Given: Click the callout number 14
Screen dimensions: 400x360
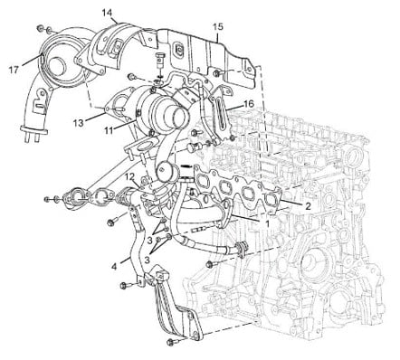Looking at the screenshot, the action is [x=107, y=13].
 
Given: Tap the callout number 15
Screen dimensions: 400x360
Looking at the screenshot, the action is [x=218, y=26].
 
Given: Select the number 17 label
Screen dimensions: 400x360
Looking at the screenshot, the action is [x=14, y=70].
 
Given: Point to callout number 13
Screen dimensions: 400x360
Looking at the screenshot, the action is [x=78, y=123].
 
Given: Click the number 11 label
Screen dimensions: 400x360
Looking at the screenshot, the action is [x=109, y=130].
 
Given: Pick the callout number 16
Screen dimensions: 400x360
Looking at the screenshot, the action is [x=249, y=104].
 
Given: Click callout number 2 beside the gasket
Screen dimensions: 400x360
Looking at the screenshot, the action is [x=308, y=206].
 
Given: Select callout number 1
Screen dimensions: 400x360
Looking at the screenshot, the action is [x=267, y=223].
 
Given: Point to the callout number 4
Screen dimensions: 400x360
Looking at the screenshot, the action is [x=114, y=267].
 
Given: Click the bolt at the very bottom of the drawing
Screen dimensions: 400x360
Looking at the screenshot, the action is [x=172, y=342].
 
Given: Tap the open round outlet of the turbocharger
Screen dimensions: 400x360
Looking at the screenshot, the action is [x=179, y=115].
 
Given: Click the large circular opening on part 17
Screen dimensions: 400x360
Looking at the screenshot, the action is [x=57, y=65].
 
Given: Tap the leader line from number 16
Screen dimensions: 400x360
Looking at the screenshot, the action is [x=234, y=107].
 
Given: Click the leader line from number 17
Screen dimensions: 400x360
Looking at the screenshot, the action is [x=31, y=60].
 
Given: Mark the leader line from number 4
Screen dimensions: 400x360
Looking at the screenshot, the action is [x=126, y=260].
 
